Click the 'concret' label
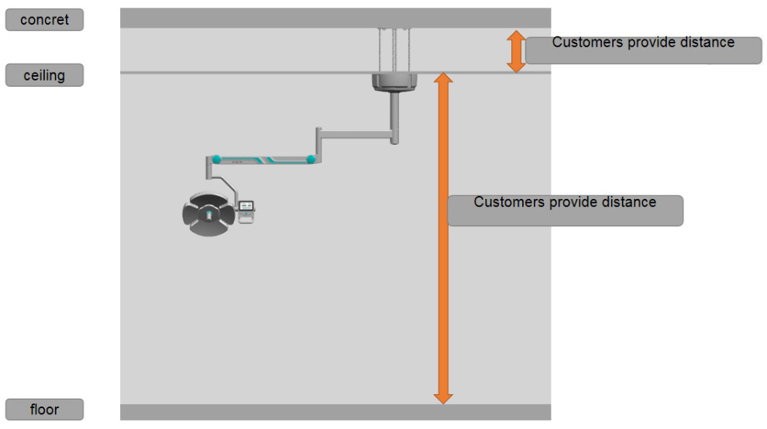point(44,20)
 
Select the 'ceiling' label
point(44,76)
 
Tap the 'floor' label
point(44,410)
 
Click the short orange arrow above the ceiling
point(516,51)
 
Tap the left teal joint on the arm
point(217,160)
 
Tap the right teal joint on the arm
point(310,160)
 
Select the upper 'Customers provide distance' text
point(643,43)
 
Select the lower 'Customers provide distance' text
point(565,202)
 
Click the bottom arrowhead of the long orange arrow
point(442,398)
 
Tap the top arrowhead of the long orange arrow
point(442,78)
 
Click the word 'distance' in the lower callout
point(626,202)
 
